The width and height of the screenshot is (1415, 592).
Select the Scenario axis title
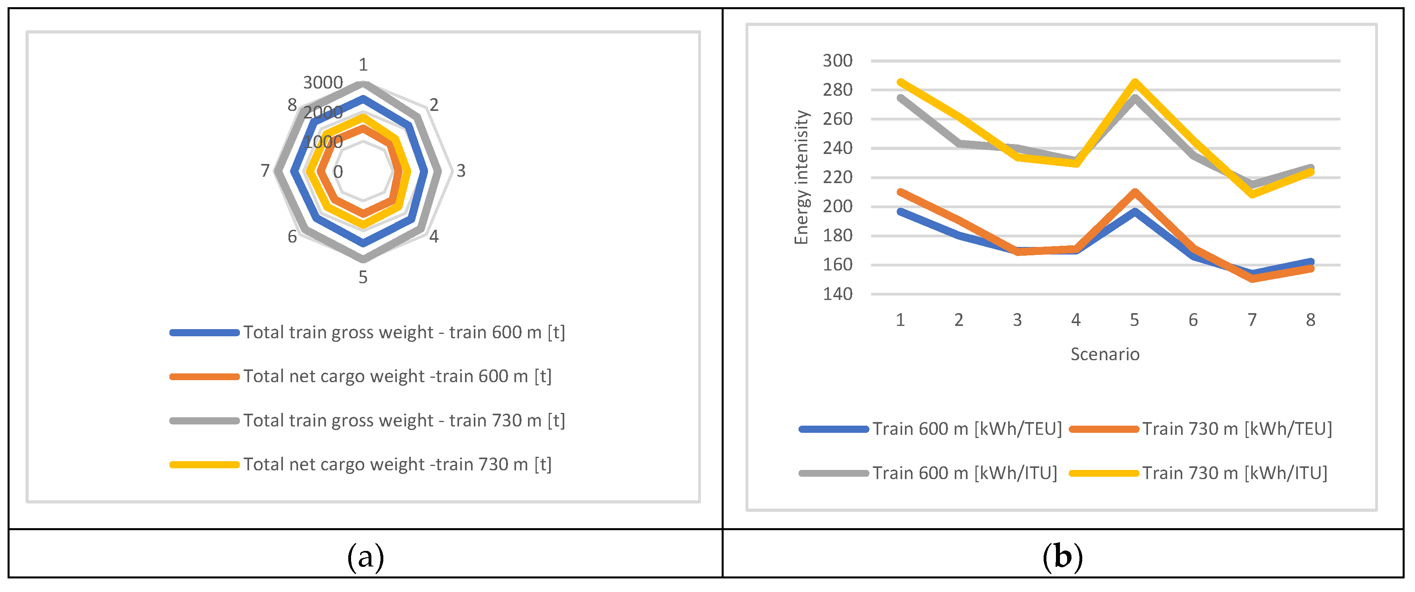(x=1104, y=354)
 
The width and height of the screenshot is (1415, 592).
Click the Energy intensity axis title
(x=801, y=177)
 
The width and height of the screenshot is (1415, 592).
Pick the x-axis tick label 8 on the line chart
(x=1310, y=320)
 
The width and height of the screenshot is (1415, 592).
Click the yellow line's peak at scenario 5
(x=1134, y=83)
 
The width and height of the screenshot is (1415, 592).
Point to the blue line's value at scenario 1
(x=900, y=211)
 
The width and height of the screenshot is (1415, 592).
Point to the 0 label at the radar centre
(x=338, y=172)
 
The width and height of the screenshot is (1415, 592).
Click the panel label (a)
(x=365, y=557)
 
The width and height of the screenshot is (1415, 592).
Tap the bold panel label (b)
(x=1062, y=557)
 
